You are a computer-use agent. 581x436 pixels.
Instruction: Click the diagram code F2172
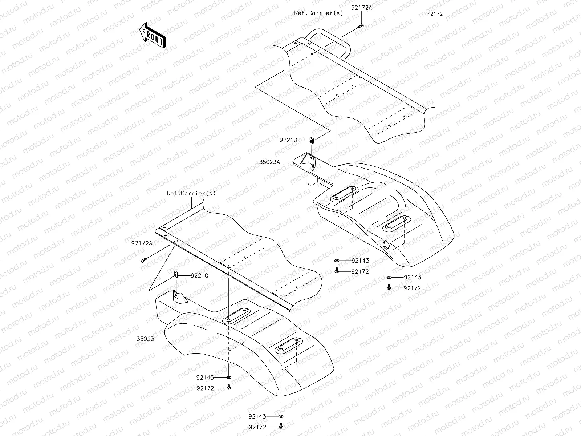click(435, 14)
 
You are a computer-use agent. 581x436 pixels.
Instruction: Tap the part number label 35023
click(145, 339)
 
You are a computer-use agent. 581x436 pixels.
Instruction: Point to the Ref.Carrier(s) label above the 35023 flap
click(191, 193)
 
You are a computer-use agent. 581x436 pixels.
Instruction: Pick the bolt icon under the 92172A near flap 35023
click(143, 260)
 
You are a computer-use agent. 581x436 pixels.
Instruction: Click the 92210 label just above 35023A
click(288, 140)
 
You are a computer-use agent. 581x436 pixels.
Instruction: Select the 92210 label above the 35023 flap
click(199, 275)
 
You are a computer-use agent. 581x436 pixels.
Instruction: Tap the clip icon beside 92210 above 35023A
click(312, 140)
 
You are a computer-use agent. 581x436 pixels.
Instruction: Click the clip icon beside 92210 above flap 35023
click(176, 274)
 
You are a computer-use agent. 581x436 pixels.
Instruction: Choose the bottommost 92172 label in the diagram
click(259, 427)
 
